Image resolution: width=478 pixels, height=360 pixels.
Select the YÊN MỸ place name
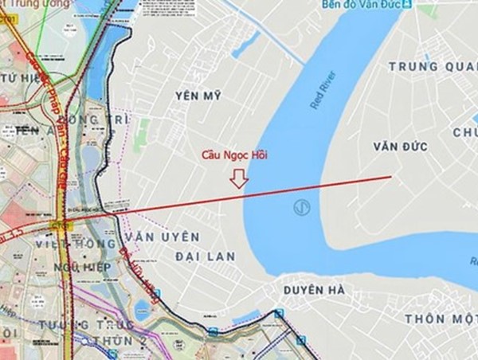pyautogui.click(x=195, y=96)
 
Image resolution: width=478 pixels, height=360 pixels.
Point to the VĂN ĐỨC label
pyautogui.click(x=400, y=147)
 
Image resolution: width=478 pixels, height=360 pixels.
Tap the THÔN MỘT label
pyautogui.click(x=439, y=318)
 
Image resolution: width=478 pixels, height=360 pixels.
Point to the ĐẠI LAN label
pyautogui.click(x=197, y=255)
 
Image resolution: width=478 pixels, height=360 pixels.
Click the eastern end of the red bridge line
pyautogui.click(x=390, y=176)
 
